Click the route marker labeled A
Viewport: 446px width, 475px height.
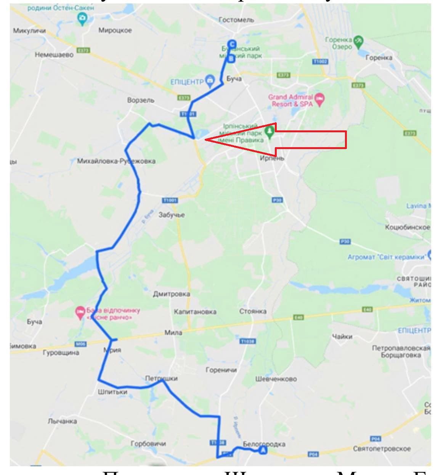[x=263, y=451]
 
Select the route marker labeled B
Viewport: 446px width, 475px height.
[x=231, y=59]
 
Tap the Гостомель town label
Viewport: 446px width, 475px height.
[x=236, y=20]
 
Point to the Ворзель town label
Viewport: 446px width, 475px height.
[x=141, y=100]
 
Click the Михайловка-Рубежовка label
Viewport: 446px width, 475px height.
[x=116, y=161]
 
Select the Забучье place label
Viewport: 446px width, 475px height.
[x=172, y=215]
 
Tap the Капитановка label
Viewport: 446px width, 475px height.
[x=195, y=312]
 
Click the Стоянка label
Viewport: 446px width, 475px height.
[x=253, y=311]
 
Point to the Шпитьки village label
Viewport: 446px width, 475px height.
[x=112, y=392]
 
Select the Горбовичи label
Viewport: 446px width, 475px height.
[x=148, y=444]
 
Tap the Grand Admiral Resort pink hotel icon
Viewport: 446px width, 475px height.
[x=319, y=100]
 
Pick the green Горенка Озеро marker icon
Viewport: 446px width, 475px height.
[x=358, y=41]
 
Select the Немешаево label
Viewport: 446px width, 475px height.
[x=54, y=55]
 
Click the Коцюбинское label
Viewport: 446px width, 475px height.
[x=407, y=227]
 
